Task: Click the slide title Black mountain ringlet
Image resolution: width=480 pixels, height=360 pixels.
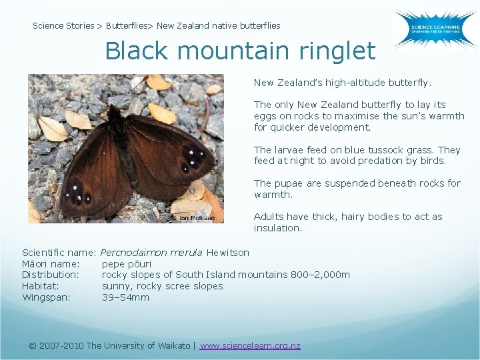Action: [x=240, y=51]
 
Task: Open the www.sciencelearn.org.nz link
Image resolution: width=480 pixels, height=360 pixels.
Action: [x=250, y=345]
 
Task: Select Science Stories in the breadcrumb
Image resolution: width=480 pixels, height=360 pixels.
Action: [x=63, y=26]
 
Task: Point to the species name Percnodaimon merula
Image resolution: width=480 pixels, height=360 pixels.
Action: [x=152, y=253]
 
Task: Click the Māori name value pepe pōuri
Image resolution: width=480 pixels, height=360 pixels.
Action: [x=127, y=264]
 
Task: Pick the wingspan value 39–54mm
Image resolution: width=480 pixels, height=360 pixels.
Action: [x=125, y=297]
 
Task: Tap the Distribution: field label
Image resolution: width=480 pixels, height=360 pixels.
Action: [x=51, y=275]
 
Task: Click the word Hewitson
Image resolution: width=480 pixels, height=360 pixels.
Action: [x=228, y=253]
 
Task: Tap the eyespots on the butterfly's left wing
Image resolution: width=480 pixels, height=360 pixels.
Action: [x=77, y=194]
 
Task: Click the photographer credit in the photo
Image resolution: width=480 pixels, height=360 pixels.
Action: [x=195, y=218]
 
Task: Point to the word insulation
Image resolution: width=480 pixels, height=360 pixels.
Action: [x=277, y=228]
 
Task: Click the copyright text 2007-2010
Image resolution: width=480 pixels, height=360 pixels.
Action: [x=62, y=345]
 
